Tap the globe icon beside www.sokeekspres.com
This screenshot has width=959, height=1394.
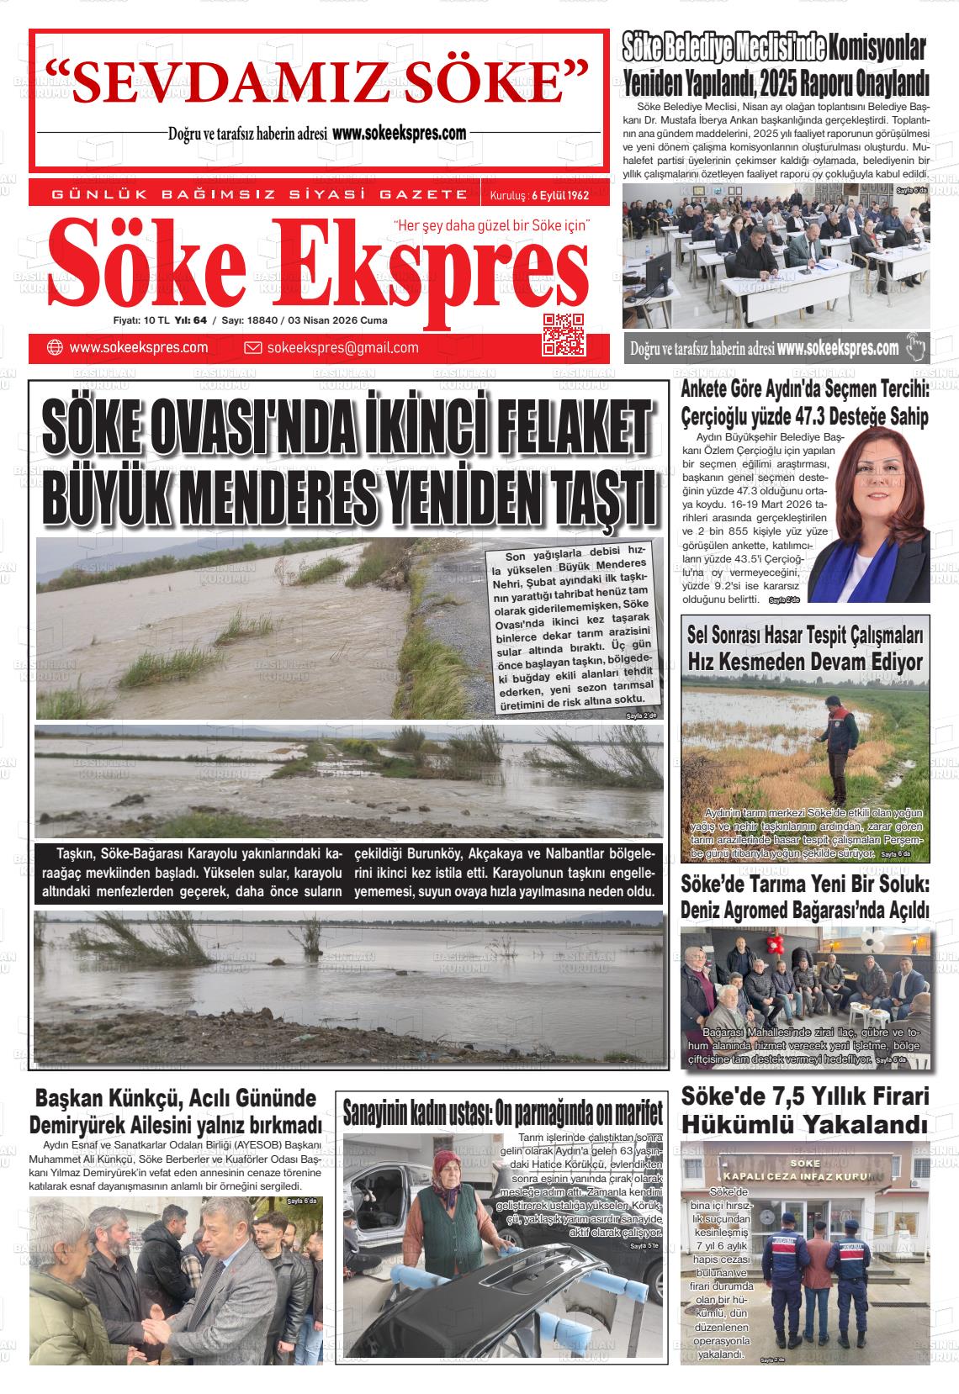click(56, 348)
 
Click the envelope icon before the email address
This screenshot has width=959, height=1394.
click(252, 348)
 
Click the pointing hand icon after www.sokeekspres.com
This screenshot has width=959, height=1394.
click(914, 347)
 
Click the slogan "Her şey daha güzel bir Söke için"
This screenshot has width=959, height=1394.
click(493, 224)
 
